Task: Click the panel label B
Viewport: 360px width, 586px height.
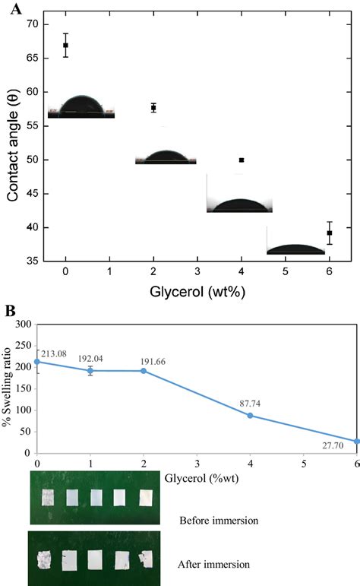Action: pos(10,312)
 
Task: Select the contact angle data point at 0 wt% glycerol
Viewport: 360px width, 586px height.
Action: pos(65,46)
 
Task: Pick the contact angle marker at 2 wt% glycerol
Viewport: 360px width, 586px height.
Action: pos(153,108)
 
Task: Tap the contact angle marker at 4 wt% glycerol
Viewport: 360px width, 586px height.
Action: pos(242,160)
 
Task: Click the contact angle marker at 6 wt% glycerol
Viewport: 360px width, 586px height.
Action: pos(330,233)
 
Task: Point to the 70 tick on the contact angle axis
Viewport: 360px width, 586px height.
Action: pos(31,24)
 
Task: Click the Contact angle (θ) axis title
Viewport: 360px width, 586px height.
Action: pos(13,141)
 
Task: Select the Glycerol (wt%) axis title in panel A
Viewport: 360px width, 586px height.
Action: pos(197,292)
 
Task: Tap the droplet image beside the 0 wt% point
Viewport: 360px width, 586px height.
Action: pos(81,106)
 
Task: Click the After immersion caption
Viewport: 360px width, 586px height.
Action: pos(213,565)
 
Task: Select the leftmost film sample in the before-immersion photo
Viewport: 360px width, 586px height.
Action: pos(48,497)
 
